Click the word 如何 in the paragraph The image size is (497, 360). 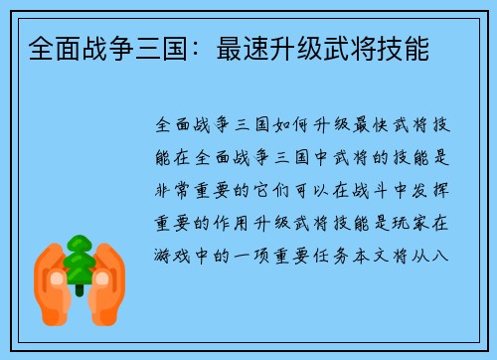[312, 126]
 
